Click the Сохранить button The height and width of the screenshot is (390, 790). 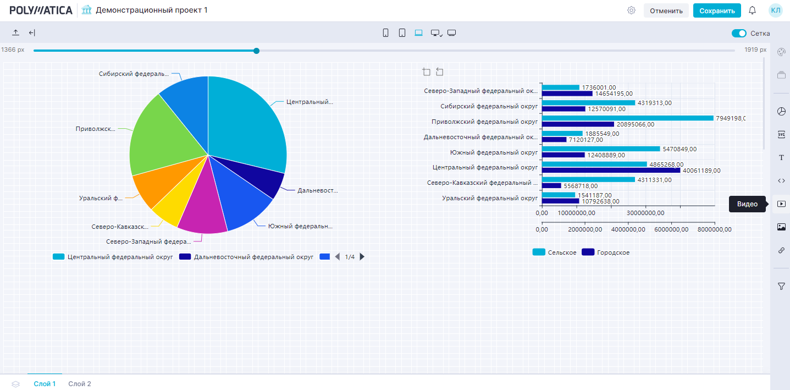717,10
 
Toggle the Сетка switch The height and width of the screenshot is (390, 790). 739,34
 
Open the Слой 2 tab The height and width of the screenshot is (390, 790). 80,384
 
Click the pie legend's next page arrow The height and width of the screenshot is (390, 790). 362,257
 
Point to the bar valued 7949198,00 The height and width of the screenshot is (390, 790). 627,118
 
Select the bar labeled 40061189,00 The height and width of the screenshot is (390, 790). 611,171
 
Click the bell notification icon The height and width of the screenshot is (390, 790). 753,10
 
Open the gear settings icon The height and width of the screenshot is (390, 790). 632,10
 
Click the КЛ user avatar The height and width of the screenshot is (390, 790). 776,10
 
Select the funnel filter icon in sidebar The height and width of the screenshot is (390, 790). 781,286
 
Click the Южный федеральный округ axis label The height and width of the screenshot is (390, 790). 494,152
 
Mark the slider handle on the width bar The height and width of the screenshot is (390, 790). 256,51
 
